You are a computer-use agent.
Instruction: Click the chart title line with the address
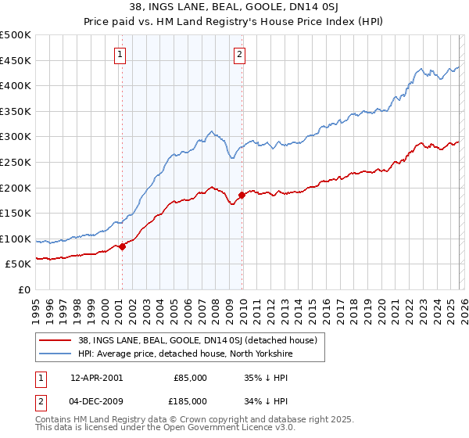(234, 9)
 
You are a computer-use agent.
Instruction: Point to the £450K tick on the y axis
(16, 60)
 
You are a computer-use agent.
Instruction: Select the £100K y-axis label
(16, 239)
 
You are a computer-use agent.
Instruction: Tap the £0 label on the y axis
(24, 289)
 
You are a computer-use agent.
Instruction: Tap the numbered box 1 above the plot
(120, 55)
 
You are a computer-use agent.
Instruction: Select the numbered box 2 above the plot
(238, 55)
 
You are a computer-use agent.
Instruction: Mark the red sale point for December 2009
(242, 195)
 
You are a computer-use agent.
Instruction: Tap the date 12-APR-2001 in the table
(96, 378)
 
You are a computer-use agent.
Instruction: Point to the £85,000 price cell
(191, 378)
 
